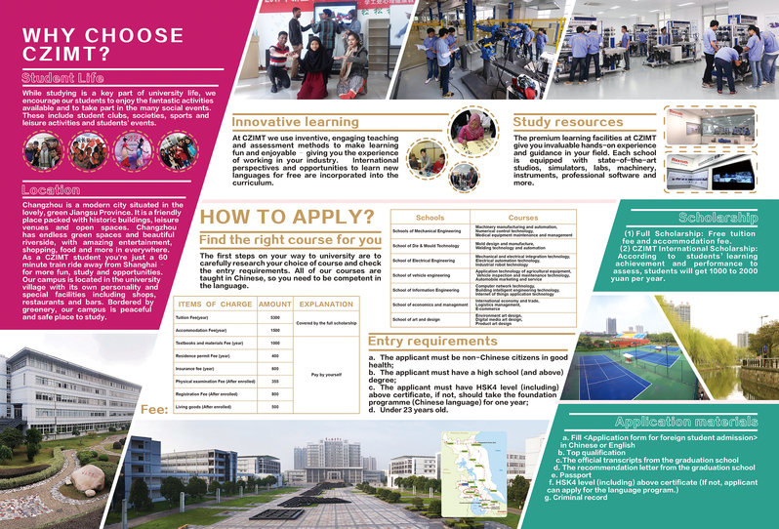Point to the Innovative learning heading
296,122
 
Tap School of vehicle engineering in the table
422,275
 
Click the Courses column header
523,217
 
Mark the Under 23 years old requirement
410,410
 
